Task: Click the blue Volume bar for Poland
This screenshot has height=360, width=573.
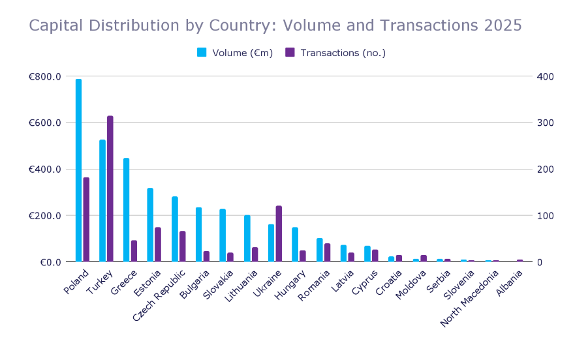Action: point(78,170)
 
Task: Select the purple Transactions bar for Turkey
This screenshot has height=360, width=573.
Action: point(110,189)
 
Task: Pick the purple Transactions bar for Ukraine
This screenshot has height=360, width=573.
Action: point(279,234)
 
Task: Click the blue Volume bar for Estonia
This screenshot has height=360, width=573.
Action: point(150,225)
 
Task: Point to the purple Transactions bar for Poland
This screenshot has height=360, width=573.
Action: point(86,220)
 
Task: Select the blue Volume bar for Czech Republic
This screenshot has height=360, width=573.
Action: point(175,229)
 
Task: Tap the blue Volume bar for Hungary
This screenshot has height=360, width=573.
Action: point(295,245)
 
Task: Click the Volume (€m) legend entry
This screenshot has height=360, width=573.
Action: point(236,53)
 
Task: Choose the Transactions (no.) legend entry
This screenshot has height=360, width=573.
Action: point(336,53)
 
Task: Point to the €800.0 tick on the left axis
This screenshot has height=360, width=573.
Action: point(45,76)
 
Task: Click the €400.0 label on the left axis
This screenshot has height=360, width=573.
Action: point(45,170)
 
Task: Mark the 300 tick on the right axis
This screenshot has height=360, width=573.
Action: point(545,123)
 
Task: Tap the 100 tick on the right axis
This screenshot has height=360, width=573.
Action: point(545,216)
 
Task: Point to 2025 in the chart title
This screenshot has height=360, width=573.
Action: point(503,25)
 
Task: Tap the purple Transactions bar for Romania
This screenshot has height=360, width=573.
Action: point(327,253)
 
